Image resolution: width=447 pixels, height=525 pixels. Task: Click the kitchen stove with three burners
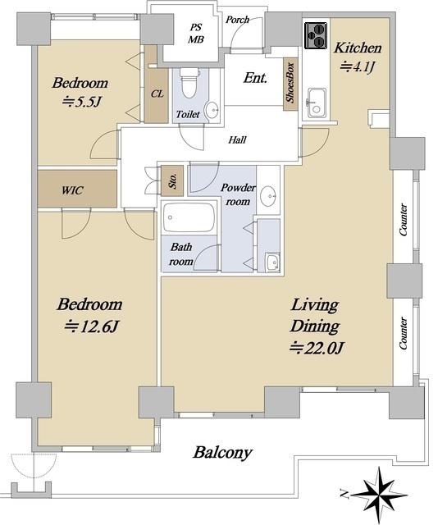pos(316,35)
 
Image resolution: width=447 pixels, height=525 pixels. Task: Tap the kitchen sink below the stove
pos(317,103)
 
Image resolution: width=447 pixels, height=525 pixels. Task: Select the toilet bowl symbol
pos(189,83)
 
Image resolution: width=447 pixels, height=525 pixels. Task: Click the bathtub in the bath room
pos(189,217)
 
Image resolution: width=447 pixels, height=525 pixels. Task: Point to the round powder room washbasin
pos(268,196)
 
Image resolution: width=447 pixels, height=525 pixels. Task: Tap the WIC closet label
pos(72,190)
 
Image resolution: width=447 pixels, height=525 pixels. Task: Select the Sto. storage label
pos(172,180)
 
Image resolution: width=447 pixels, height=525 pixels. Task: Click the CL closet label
pos(157,94)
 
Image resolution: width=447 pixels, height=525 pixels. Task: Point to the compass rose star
pos(380,494)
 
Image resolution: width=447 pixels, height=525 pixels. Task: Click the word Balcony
pos(222,453)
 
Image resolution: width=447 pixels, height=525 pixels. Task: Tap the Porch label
pos(237,20)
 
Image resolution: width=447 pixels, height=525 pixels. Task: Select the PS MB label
pos(195,34)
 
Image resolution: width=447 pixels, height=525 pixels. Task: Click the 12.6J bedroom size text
pos(91,326)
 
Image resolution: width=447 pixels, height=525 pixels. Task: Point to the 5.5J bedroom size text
pos(81,101)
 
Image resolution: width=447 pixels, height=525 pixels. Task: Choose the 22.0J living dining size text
pos(317,348)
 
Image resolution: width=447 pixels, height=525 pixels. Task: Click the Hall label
pos(237,139)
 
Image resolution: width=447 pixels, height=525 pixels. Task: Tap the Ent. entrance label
pos(255,78)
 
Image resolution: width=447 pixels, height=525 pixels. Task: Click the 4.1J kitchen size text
pos(357,67)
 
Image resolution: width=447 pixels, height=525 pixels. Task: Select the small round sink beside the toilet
pos(212,109)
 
